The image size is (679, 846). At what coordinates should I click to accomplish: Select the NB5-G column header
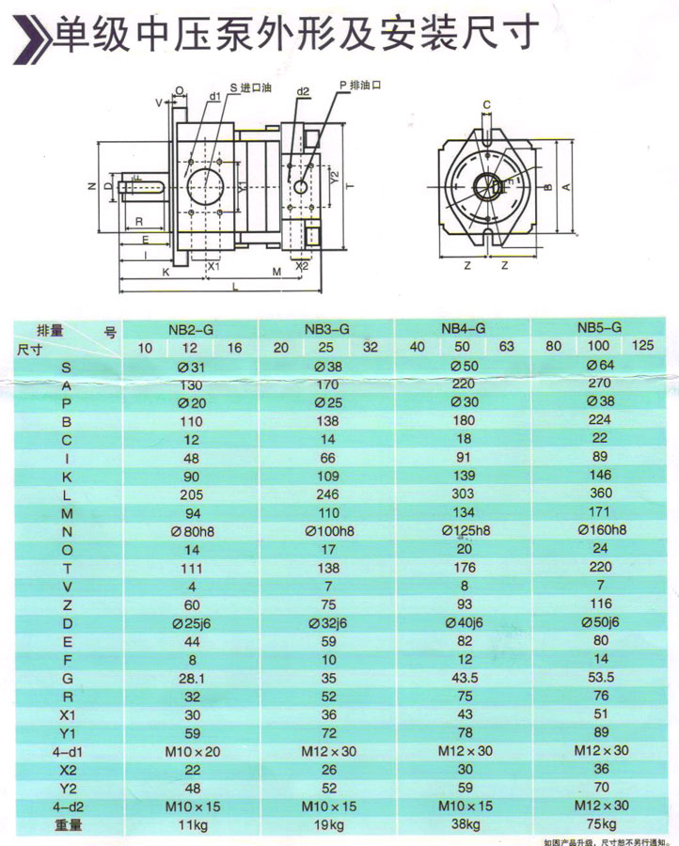599,327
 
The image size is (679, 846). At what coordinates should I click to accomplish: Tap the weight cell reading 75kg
599,824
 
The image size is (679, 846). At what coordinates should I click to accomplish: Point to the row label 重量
65,824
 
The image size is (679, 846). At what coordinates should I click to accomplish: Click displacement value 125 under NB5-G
643,347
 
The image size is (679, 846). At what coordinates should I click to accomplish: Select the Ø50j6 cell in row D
599,622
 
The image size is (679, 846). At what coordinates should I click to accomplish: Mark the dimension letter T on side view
349,185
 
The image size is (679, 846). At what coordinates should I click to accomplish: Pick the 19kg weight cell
327,824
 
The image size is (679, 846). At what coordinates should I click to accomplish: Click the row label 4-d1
65,751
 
